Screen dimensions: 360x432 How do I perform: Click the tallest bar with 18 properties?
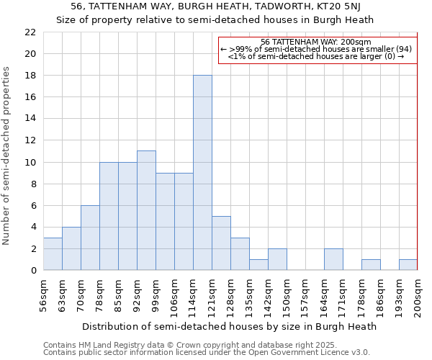202,173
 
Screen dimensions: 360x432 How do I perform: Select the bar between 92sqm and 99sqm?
146,210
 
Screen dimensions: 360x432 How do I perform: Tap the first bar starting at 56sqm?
53,253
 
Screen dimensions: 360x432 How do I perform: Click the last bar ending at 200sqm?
408,264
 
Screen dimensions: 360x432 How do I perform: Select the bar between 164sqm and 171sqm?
333,259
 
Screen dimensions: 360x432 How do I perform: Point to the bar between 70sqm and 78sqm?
90,238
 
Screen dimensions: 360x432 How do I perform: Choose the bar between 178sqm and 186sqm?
371,264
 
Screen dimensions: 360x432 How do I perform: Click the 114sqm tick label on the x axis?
194,295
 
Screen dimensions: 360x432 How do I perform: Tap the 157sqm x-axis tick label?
306,295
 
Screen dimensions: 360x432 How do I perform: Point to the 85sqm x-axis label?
119,295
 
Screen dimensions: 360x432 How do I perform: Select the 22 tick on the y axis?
30,32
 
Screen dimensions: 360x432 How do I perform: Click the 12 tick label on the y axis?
30,140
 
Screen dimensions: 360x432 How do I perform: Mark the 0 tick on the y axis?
33,271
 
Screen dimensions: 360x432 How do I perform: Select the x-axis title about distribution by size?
229,326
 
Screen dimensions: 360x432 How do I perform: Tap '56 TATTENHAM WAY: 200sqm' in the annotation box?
316,42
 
